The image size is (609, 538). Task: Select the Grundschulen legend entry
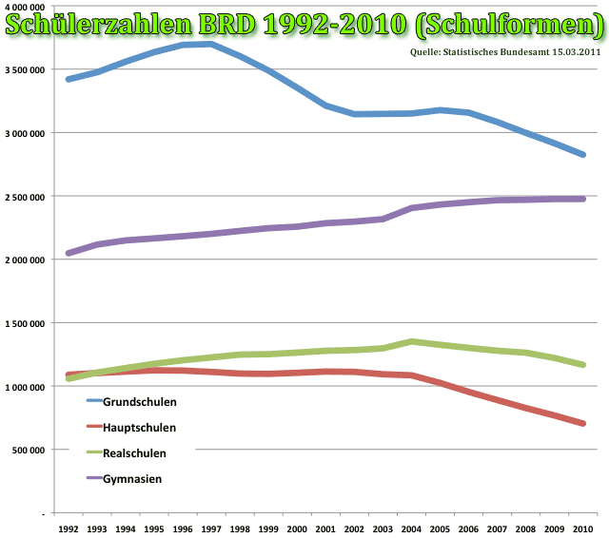click(139, 402)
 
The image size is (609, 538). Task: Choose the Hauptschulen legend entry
click(139, 428)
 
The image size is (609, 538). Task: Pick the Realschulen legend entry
click(134, 453)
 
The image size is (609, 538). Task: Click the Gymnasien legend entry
click(131, 479)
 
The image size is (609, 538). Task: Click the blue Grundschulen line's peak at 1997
click(210, 44)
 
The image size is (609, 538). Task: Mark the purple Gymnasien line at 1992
click(68, 253)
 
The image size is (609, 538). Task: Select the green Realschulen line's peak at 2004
click(410, 341)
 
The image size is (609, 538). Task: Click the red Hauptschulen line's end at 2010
click(581, 423)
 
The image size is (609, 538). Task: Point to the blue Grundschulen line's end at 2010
click(581, 154)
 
